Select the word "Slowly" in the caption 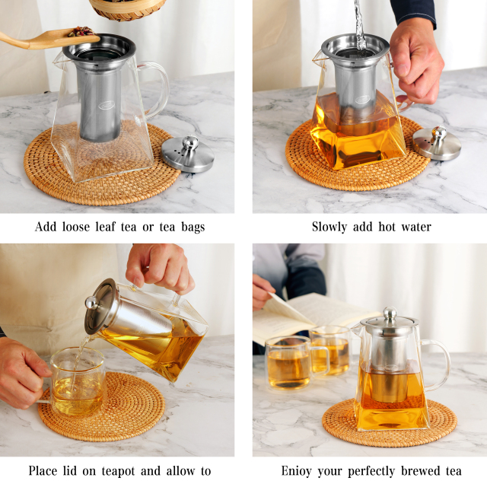329,227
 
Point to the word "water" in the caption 415,227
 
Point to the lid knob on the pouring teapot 91,302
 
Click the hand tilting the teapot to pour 160,266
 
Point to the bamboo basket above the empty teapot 127,8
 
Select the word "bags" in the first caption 189,227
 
